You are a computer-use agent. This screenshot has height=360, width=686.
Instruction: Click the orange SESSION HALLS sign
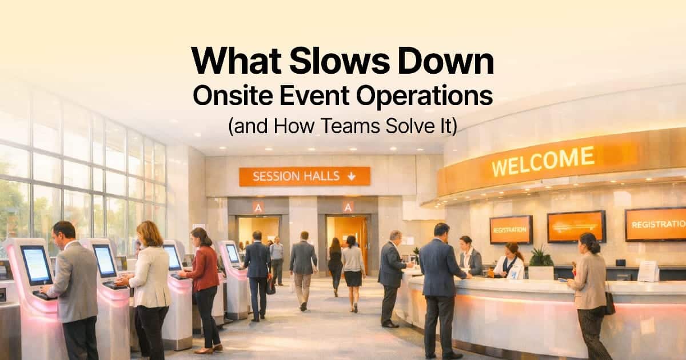(x=304, y=176)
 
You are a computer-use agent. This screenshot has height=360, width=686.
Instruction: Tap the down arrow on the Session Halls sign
(x=351, y=176)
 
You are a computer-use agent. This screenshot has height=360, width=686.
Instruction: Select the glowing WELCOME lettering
(x=543, y=161)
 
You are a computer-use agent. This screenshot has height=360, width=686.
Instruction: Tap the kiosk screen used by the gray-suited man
(x=36, y=265)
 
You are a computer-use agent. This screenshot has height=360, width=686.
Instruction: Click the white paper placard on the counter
(x=648, y=271)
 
